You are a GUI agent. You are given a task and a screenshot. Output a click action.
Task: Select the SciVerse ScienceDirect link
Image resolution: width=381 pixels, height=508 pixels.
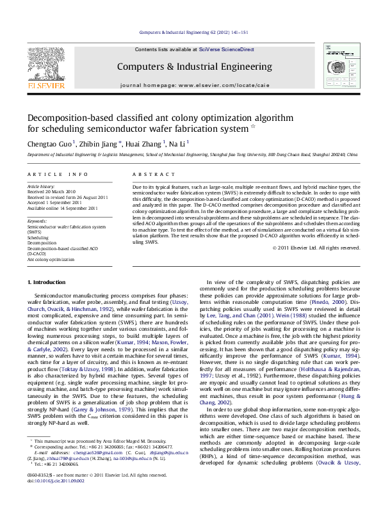226,49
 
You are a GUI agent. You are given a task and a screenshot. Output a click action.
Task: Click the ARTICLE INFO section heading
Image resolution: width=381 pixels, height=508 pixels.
57,174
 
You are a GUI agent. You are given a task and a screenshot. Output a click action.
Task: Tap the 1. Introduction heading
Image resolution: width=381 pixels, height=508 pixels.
48,282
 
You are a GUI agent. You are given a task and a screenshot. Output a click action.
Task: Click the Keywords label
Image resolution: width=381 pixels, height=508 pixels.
37,221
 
